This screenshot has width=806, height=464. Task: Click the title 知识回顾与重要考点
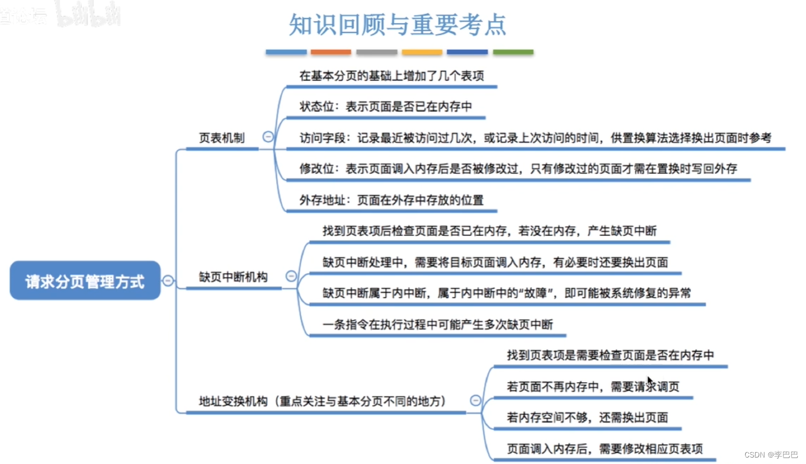click(398, 25)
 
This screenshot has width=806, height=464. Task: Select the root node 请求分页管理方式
click(85, 281)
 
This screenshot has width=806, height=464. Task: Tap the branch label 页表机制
click(221, 138)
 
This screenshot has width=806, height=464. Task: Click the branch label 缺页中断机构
click(233, 277)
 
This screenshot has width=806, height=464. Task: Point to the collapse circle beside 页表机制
click(268, 137)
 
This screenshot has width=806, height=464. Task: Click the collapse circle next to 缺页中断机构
click(291, 276)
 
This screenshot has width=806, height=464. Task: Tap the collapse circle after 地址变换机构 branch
click(475, 400)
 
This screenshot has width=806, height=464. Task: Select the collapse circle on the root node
click(168, 280)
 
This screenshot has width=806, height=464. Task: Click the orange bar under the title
click(331, 52)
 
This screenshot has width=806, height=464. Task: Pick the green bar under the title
click(513, 52)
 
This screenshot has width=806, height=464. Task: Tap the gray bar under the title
click(377, 52)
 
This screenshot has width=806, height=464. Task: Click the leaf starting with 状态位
click(385, 107)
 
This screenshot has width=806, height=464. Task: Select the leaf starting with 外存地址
click(391, 200)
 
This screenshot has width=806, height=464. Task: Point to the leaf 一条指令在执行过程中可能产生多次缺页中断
click(437, 325)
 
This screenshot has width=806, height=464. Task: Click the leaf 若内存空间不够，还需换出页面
click(587, 418)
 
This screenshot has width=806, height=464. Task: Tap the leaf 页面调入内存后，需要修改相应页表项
click(604, 449)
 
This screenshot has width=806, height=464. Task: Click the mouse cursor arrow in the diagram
click(650, 382)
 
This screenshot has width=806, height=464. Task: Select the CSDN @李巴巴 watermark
click(771, 455)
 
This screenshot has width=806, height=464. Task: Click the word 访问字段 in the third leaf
click(323, 138)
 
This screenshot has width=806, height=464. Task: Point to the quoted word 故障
click(536, 293)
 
